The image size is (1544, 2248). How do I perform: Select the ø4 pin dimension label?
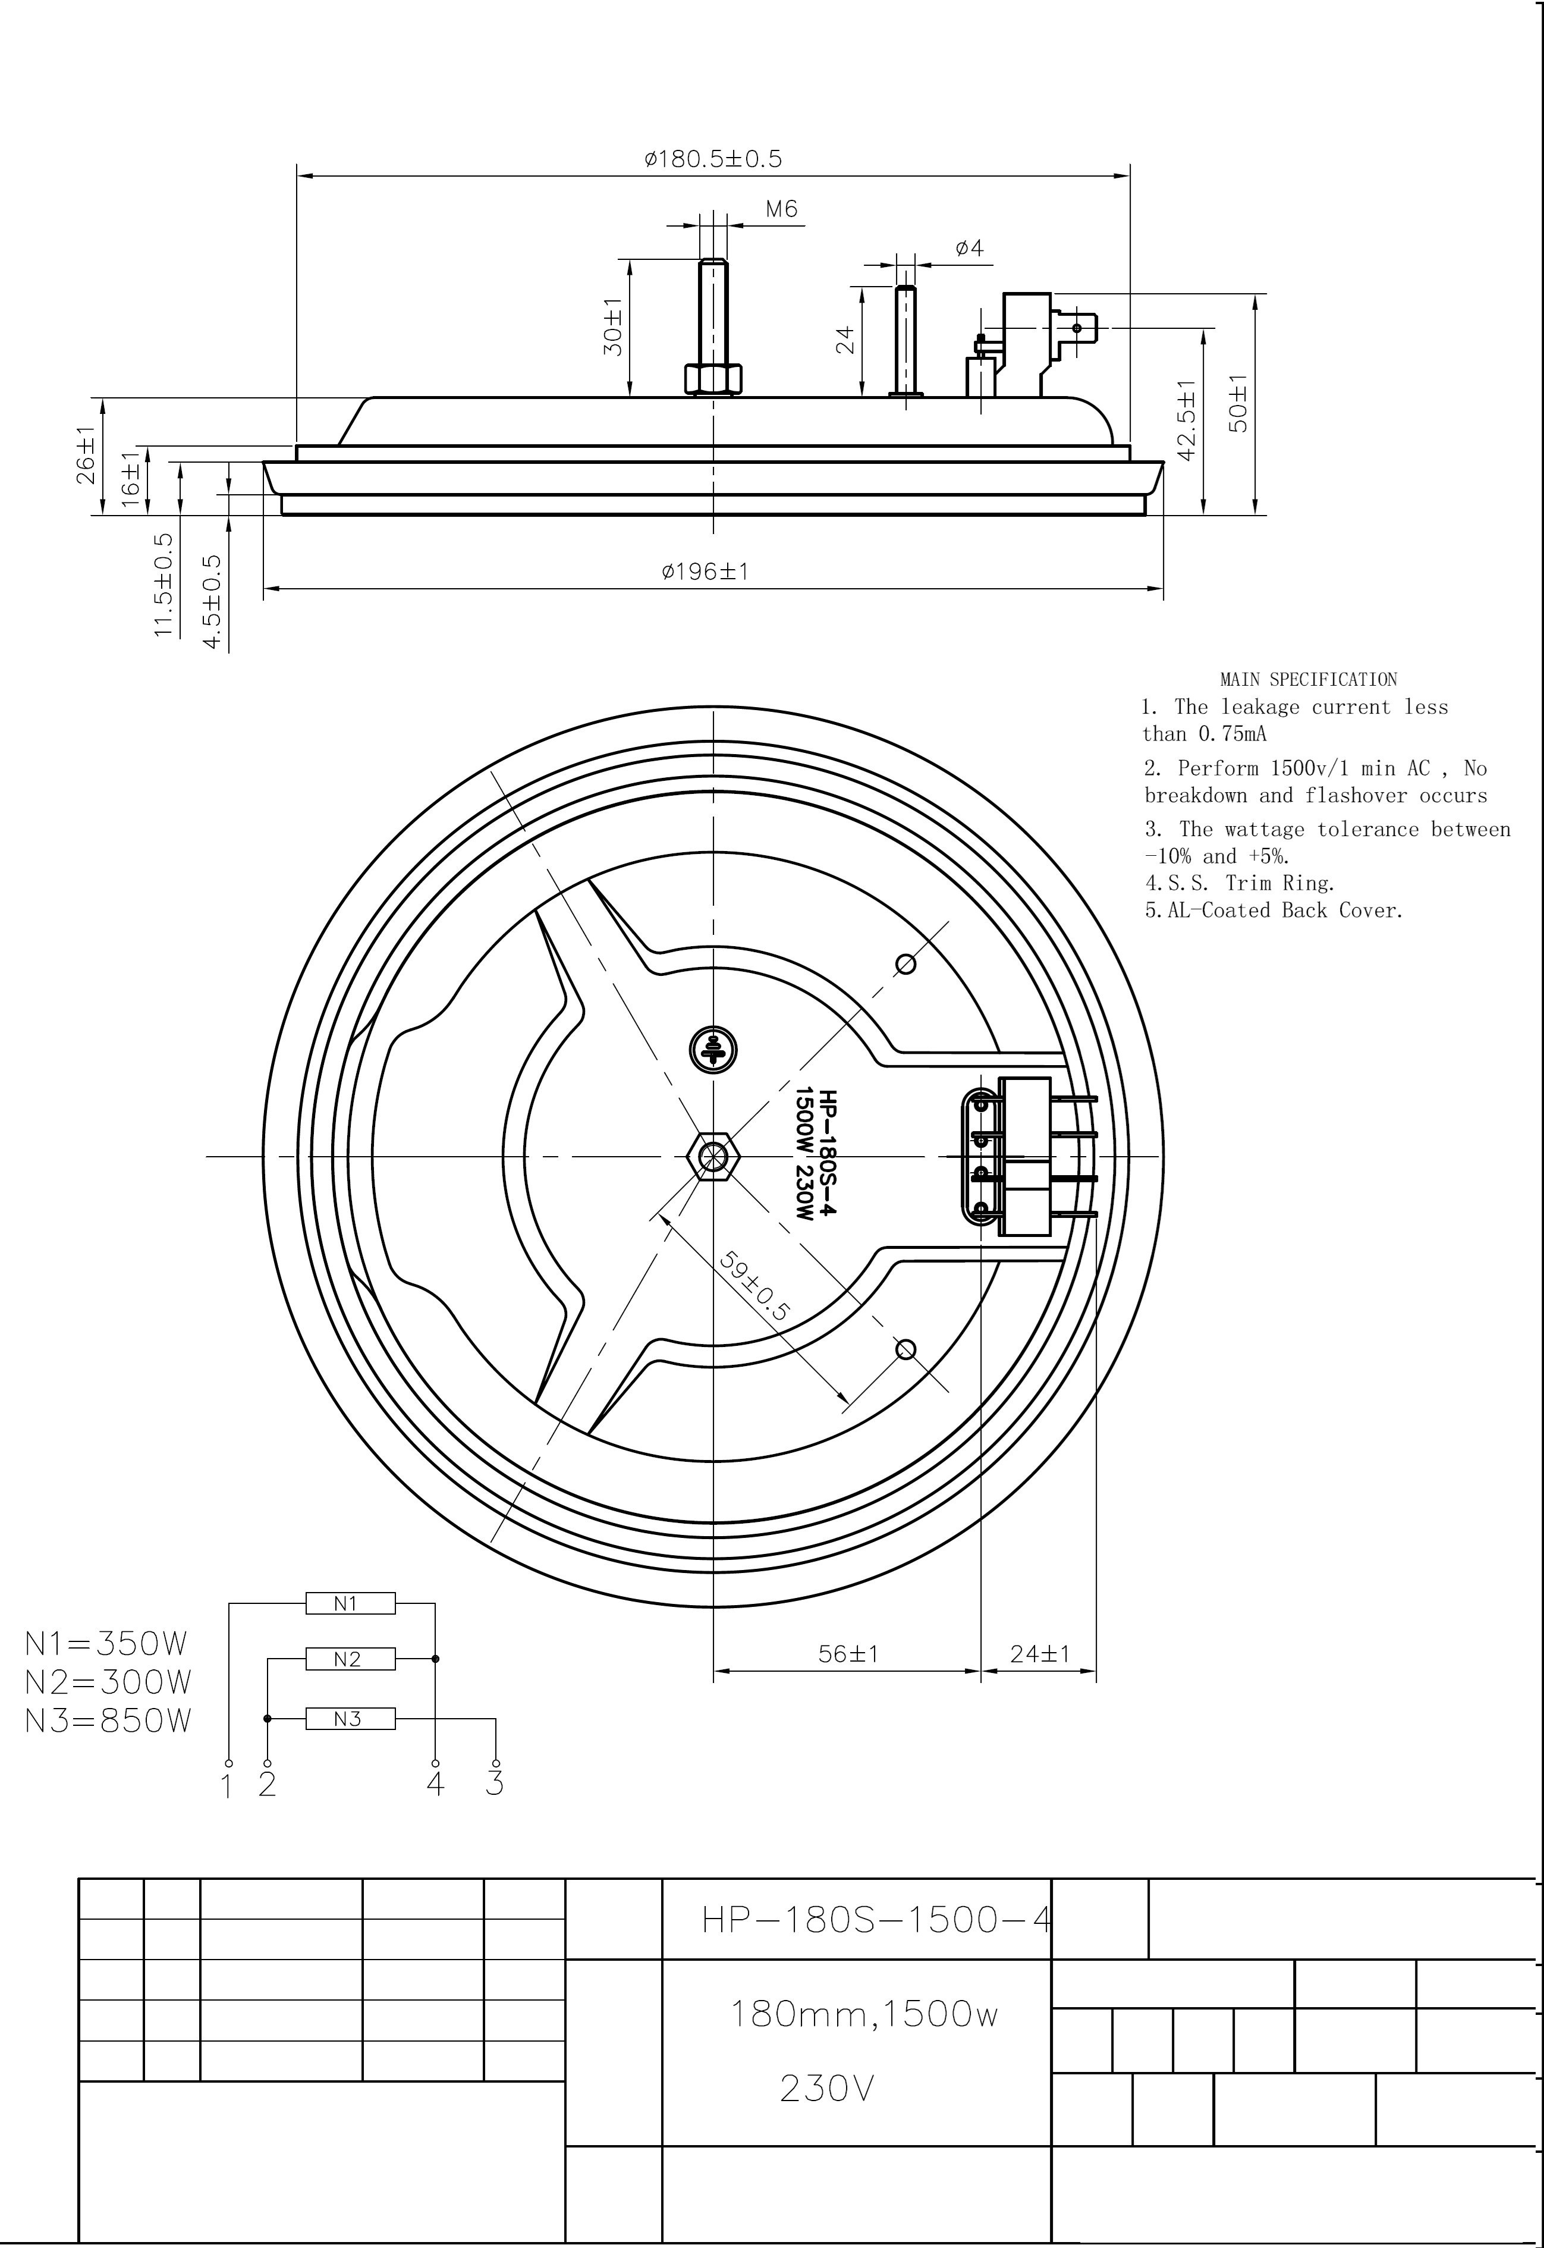coord(968,248)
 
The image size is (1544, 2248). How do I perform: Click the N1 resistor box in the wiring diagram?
coord(350,1603)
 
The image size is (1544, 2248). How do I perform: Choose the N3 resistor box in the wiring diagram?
coord(350,1719)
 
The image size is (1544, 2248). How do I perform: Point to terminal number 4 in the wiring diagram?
coord(435,1784)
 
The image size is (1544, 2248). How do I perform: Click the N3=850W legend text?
coord(108,1720)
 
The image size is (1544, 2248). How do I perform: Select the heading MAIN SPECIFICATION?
coord(1308,679)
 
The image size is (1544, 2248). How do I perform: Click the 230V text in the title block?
coord(827,2090)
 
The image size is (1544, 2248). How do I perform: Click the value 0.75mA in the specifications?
coord(1231,734)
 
